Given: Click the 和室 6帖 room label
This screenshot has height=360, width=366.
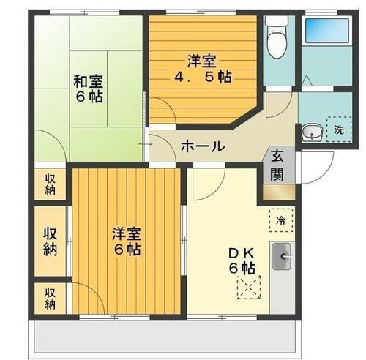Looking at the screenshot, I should pos(88,88).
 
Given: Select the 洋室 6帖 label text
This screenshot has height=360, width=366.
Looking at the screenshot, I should pos(127,241).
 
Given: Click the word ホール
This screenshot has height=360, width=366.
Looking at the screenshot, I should pos(202,146).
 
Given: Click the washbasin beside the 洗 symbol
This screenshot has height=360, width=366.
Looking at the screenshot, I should pos(310,133).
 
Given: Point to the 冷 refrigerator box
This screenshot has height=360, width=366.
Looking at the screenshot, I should pos(281,218).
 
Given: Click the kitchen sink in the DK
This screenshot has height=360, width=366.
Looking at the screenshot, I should pos(282,257).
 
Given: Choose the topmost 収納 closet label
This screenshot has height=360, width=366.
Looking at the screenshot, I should pos(50,184).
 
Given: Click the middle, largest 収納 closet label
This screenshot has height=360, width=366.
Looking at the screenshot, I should pos(50,241).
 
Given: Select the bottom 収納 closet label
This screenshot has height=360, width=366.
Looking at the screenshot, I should pos(50,298).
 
